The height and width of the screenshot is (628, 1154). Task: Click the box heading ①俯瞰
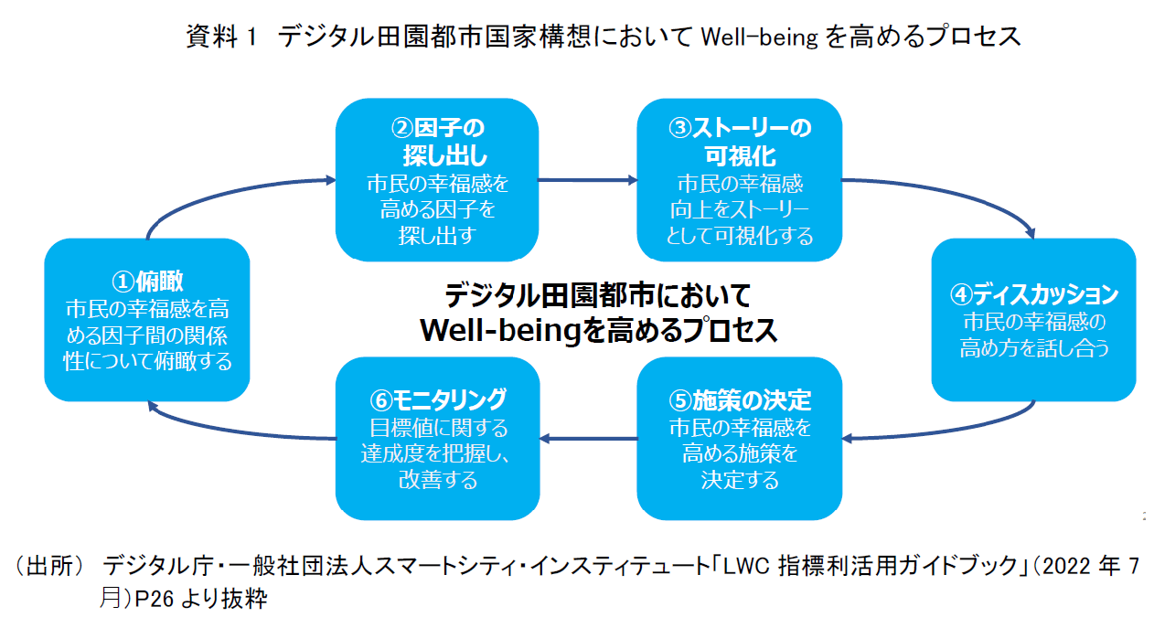click(x=147, y=280)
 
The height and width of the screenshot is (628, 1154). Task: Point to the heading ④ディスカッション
click(x=1033, y=294)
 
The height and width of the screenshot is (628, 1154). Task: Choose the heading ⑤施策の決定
click(x=740, y=400)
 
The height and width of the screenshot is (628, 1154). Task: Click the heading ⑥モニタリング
click(x=438, y=399)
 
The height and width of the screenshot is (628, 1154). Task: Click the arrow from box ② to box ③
click(x=586, y=180)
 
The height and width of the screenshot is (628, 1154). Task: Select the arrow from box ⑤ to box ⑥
click(x=586, y=439)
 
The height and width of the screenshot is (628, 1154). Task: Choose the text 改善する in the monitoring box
click(x=438, y=479)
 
